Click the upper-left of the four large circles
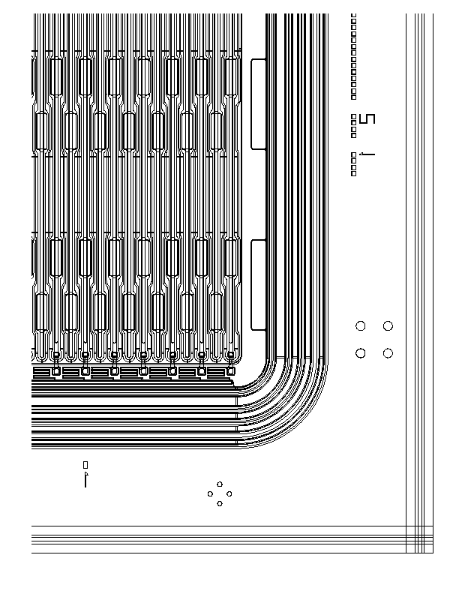[x=361, y=325]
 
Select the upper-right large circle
[x=388, y=325]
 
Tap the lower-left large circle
[x=361, y=353]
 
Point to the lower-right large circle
[x=388, y=353]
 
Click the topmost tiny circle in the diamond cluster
[x=220, y=484]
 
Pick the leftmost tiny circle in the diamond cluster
[x=210, y=493]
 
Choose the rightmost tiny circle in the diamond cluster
[x=229, y=493]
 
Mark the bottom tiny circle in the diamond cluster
[x=220, y=503]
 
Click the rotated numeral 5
[x=367, y=118]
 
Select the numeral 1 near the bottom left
[x=85, y=480]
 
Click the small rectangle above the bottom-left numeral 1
[x=85, y=465]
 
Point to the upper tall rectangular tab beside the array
[x=258, y=104]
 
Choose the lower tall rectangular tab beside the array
[x=258, y=284]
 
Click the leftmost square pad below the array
[x=55, y=370]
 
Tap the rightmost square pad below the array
[x=231, y=370]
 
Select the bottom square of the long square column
[x=354, y=97]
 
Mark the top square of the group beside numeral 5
[x=354, y=116]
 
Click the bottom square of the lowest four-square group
[x=354, y=174]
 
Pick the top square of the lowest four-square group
[x=354, y=154]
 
